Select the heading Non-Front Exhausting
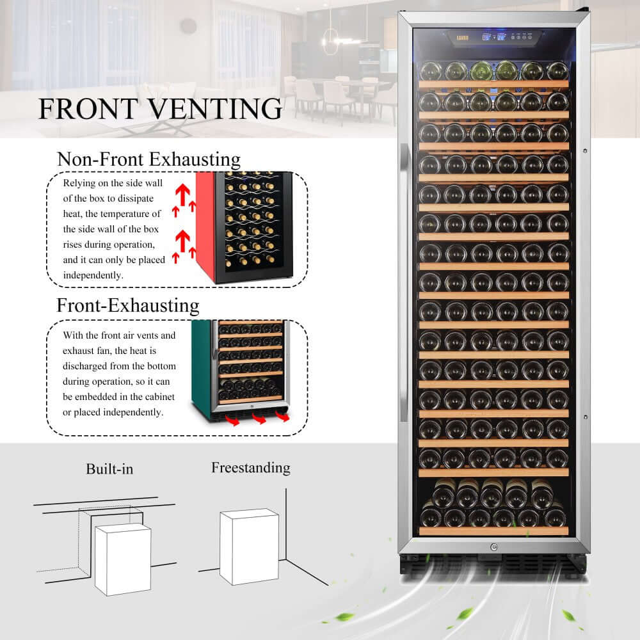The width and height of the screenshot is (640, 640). (x=148, y=159)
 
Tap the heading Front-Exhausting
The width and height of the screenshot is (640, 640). (x=128, y=305)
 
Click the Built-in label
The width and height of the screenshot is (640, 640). (x=109, y=469)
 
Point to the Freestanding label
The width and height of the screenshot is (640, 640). (x=250, y=468)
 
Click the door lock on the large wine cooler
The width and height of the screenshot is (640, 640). (x=493, y=547)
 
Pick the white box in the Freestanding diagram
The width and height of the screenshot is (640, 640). (x=249, y=547)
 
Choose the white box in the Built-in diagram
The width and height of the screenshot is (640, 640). (x=123, y=559)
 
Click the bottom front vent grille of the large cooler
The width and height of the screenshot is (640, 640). (x=493, y=563)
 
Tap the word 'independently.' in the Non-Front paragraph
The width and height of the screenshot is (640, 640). (x=93, y=275)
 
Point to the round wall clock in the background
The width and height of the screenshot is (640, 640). (x=188, y=26)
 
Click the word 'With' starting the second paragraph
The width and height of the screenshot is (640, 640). (x=73, y=335)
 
